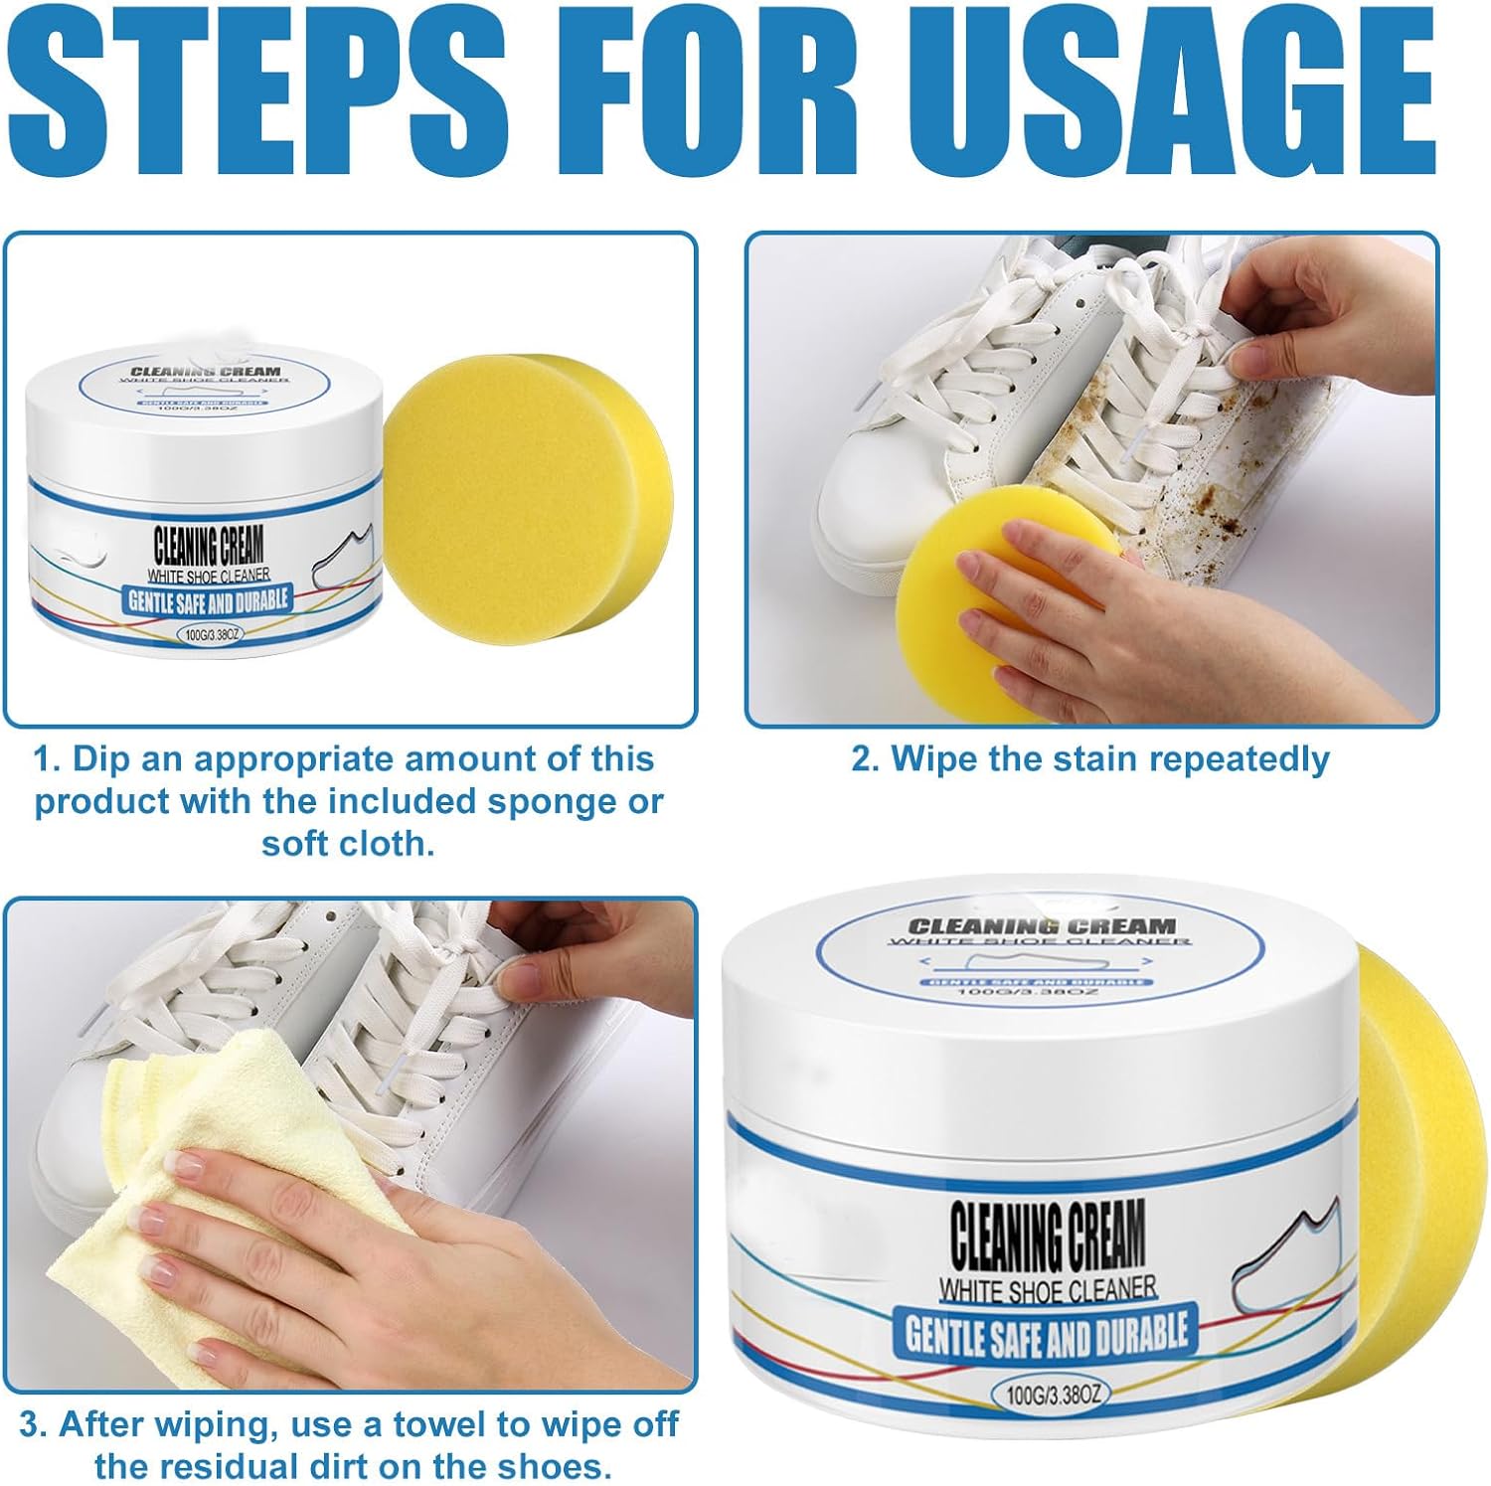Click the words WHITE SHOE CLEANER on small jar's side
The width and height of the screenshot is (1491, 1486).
pos(209,576)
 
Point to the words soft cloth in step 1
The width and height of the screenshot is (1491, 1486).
pos(348,844)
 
